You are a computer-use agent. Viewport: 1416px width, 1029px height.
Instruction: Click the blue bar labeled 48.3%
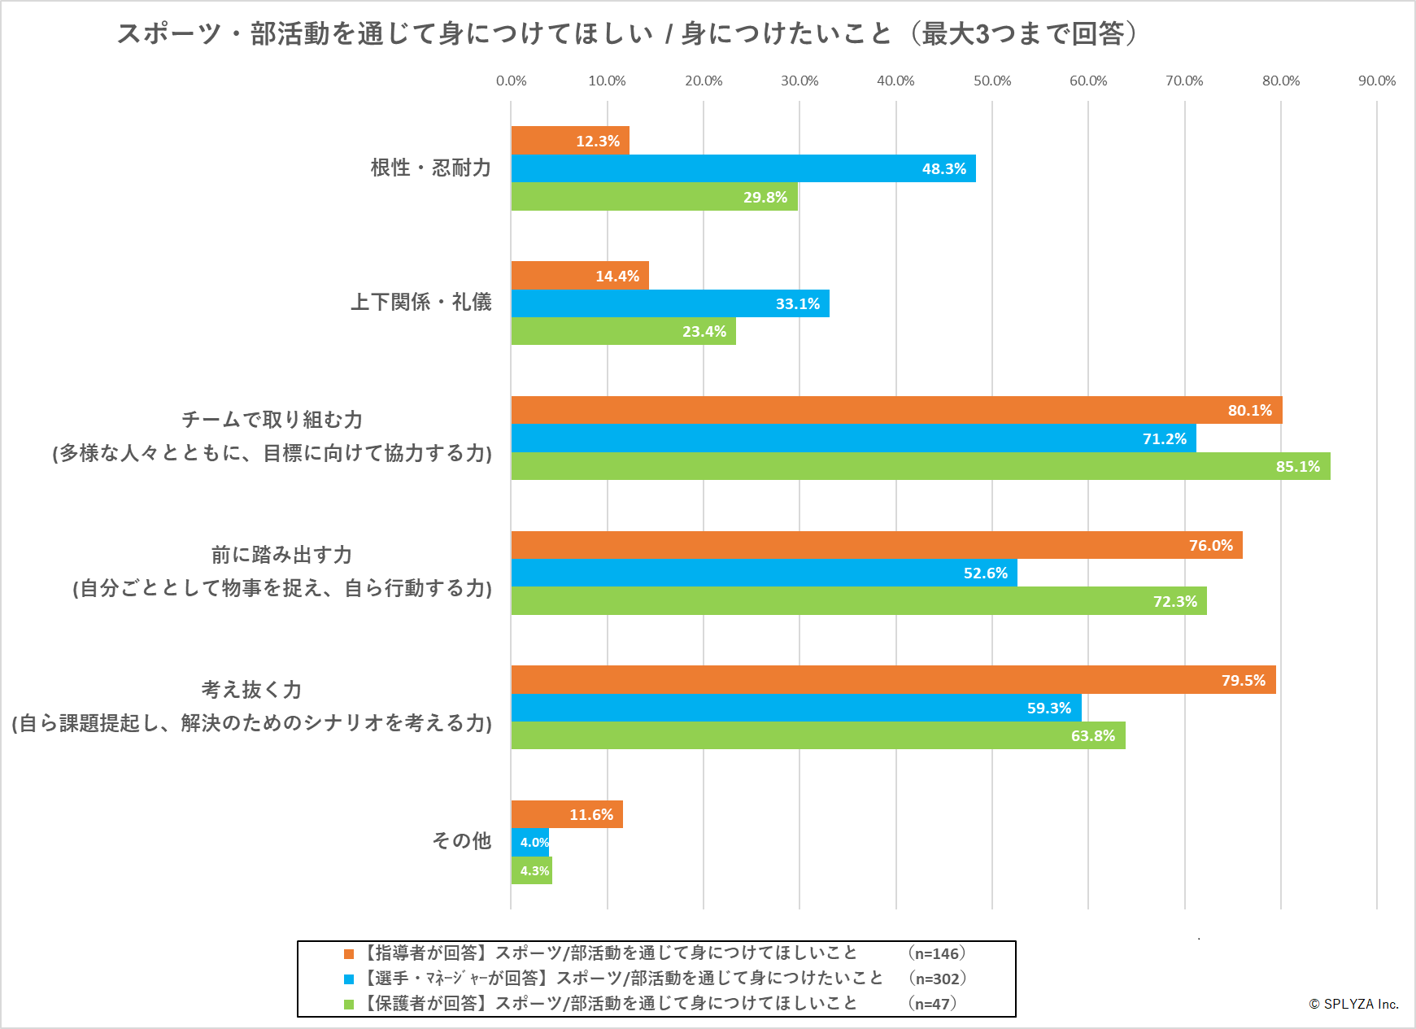click(x=743, y=168)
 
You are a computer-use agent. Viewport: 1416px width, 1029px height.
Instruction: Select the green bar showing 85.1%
click(x=920, y=466)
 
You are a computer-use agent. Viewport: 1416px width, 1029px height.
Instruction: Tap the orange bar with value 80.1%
click(x=896, y=410)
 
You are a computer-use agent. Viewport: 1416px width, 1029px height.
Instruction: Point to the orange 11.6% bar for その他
click(x=566, y=814)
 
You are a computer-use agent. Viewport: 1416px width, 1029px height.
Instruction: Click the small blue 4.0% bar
click(x=529, y=842)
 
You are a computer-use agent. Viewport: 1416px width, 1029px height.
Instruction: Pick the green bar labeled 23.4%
click(x=623, y=331)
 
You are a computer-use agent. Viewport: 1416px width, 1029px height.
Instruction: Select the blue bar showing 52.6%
click(x=764, y=573)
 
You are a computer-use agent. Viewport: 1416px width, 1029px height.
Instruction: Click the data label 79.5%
click(x=1243, y=680)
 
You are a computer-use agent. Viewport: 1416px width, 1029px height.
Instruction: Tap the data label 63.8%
click(x=1092, y=735)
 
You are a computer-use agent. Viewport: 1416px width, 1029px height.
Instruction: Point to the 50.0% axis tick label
click(x=991, y=81)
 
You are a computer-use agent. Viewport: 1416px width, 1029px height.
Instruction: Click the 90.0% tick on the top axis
click(x=1376, y=81)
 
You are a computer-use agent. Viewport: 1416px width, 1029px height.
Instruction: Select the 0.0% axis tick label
click(x=511, y=81)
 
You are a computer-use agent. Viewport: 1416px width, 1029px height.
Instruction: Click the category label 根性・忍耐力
click(x=431, y=168)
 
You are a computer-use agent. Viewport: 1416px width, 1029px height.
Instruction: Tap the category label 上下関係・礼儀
click(x=420, y=302)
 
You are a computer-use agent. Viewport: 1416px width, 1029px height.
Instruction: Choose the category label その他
click(x=461, y=840)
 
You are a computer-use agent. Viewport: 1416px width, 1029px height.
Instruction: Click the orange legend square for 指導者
click(x=349, y=953)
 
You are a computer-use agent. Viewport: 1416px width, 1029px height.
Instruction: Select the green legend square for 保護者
click(x=349, y=1004)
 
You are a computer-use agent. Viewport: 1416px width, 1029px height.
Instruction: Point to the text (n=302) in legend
click(x=937, y=979)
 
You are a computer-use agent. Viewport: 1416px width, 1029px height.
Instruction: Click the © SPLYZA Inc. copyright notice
click(x=1353, y=1004)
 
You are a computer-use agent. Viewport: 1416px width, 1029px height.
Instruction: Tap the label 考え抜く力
click(x=251, y=690)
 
